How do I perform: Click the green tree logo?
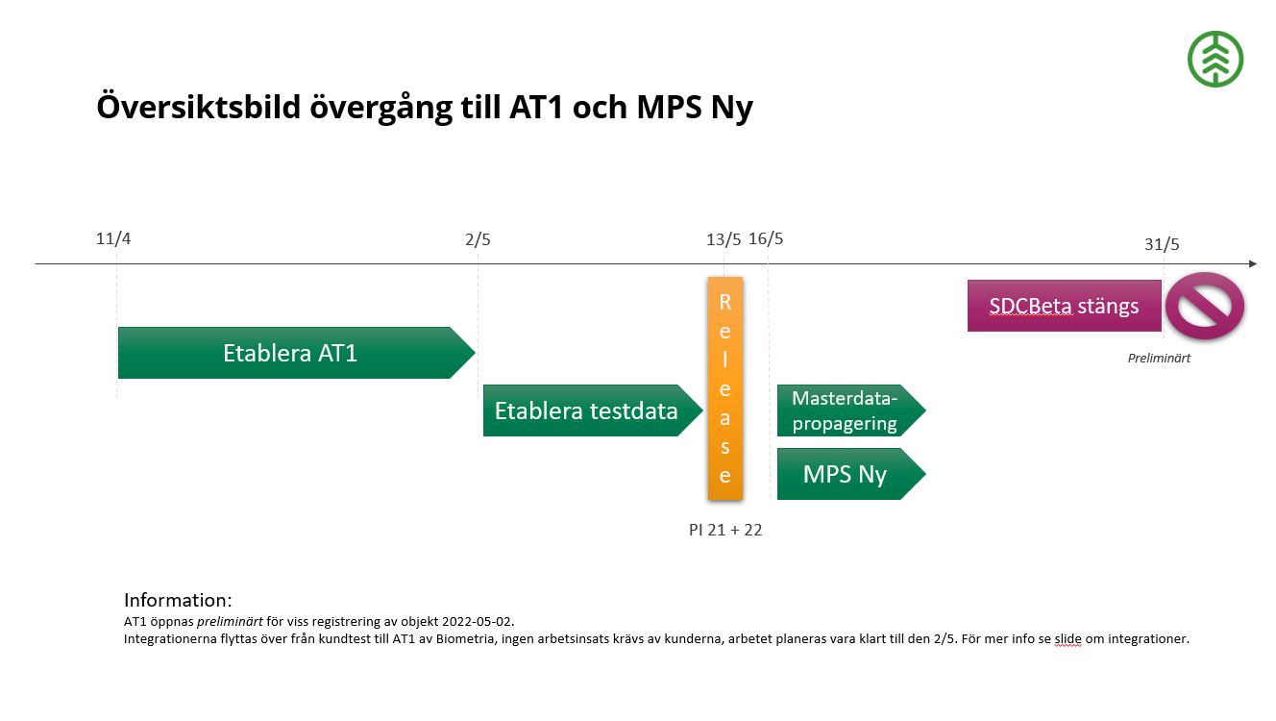click(1215, 59)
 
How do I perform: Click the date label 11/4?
click(113, 238)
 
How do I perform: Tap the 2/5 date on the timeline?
click(478, 238)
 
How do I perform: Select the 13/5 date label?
click(724, 238)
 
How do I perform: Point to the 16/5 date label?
click(766, 238)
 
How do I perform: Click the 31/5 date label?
click(1162, 244)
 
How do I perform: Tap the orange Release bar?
click(724, 388)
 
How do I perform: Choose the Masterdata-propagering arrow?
click(847, 410)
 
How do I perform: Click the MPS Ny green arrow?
click(847, 474)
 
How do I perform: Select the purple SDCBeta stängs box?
click(1064, 306)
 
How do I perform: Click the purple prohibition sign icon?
click(1204, 306)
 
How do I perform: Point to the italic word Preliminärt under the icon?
click(1159, 359)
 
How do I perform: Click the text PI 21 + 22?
click(725, 530)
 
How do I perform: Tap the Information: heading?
click(178, 600)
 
